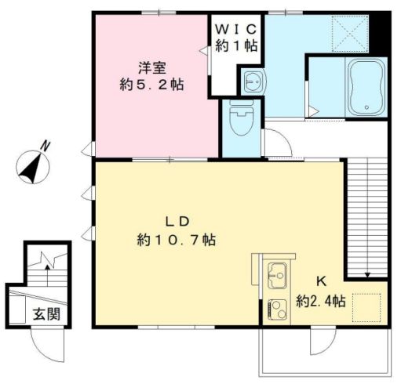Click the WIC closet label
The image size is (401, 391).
pyautogui.click(x=235, y=29)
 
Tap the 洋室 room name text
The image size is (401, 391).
pyautogui.click(x=152, y=68)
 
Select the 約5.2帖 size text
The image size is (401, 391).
pyautogui.click(x=151, y=85)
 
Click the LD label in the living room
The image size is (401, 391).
pyautogui.click(x=177, y=222)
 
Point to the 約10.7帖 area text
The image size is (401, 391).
pyautogui.click(x=177, y=240)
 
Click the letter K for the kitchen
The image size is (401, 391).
pyautogui.click(x=321, y=282)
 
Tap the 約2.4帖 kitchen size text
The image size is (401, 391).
pyautogui.click(x=321, y=302)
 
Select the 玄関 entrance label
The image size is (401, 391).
pyautogui.click(x=46, y=314)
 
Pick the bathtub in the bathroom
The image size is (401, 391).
pyautogui.click(x=366, y=87)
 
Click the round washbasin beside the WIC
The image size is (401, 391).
pyautogui.click(x=253, y=81)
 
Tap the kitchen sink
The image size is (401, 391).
pyautogui.click(x=278, y=276)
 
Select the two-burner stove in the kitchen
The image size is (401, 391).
pyautogui.click(x=278, y=310)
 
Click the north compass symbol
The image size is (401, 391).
pyautogui.click(x=33, y=167)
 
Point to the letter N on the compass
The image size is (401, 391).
pyautogui.click(x=46, y=147)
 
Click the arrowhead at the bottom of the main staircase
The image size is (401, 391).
pyautogui.click(x=367, y=274)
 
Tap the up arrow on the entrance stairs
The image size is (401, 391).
pyautogui.click(x=47, y=276)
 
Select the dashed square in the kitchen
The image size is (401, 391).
pyautogui.click(x=366, y=308)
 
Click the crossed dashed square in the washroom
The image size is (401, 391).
pyautogui.click(x=350, y=33)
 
